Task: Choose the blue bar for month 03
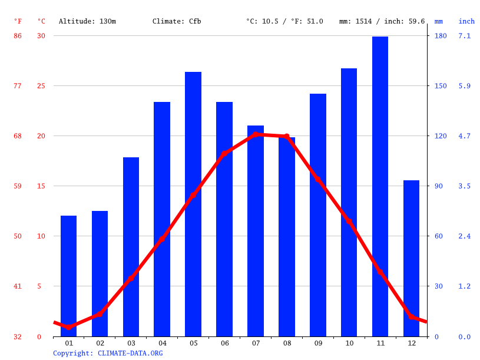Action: (131, 247)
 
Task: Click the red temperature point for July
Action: (256, 134)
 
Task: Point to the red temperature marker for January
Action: (69, 327)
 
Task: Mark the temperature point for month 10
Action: (349, 222)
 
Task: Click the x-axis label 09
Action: (317, 343)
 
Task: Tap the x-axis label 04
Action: (162, 343)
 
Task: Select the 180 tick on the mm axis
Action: (441, 36)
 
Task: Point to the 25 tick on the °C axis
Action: (41, 86)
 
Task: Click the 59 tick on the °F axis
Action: (18, 186)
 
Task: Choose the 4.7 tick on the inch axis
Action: (465, 136)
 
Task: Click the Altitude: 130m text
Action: (87, 21)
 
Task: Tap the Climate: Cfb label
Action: (177, 21)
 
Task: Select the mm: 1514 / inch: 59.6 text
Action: (382, 21)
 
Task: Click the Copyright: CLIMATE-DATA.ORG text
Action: (108, 353)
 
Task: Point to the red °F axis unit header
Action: (18, 21)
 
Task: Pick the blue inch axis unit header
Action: (466, 21)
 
